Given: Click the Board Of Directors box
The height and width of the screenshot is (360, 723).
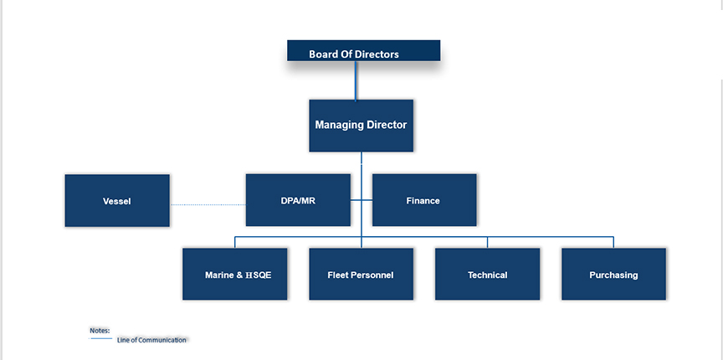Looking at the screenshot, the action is [x=363, y=50].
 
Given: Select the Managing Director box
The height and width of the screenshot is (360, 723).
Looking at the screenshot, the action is [x=361, y=126].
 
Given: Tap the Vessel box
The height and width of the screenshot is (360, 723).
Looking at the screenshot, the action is [x=117, y=200].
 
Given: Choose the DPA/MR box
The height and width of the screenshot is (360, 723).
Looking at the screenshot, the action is [x=298, y=200].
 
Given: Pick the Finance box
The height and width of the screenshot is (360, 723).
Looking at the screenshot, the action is [x=424, y=200].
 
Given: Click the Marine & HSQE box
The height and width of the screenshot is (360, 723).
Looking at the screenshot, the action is [x=234, y=274].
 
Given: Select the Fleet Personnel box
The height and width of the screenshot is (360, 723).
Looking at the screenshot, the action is [x=361, y=274].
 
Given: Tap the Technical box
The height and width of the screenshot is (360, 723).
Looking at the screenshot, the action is [x=487, y=274].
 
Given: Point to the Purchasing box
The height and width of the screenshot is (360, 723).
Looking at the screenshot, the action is [x=613, y=274].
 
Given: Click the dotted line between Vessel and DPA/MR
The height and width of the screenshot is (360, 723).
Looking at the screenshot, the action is [x=208, y=204].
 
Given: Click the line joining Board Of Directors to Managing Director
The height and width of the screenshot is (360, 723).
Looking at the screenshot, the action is [x=356, y=80].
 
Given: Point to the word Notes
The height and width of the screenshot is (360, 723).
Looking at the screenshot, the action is [x=100, y=331].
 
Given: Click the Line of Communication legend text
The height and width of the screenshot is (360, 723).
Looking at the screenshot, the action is [x=151, y=340].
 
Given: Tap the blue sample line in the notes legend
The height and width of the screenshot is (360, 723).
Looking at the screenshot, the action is [x=100, y=339].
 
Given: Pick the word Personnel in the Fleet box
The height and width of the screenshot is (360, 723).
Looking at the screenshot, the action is [x=372, y=275].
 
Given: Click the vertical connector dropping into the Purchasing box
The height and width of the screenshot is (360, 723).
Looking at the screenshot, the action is [x=613, y=242].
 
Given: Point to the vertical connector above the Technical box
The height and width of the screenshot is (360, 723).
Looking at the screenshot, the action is [x=487, y=242].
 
